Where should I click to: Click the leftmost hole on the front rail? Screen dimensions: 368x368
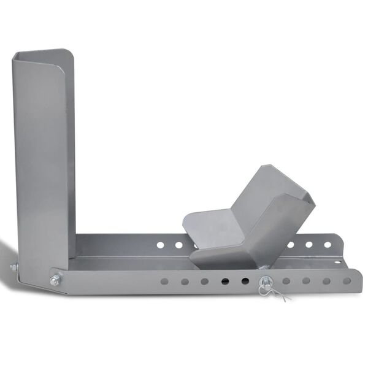tap(164, 282)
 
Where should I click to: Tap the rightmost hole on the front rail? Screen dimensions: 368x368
tap(347, 281)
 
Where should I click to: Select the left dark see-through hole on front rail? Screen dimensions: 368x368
tap(225, 282)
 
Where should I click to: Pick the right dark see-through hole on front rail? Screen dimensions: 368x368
tap(245, 282)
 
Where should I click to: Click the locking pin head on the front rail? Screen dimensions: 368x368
tap(266, 282)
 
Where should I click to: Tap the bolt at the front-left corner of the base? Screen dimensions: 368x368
tap(55, 280)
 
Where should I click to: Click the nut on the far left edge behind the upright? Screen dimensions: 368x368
tap(13, 267)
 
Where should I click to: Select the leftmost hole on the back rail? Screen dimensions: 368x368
tap(160, 245)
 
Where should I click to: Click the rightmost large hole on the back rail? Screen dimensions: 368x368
tap(328, 245)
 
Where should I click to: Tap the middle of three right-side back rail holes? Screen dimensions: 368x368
tap(309, 245)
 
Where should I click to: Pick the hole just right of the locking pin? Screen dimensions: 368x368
tap(286, 281)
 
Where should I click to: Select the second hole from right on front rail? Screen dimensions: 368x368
tap(326, 281)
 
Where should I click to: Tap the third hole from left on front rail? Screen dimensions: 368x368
tap(204, 282)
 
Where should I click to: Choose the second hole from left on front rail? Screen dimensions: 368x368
tap(185, 282)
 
